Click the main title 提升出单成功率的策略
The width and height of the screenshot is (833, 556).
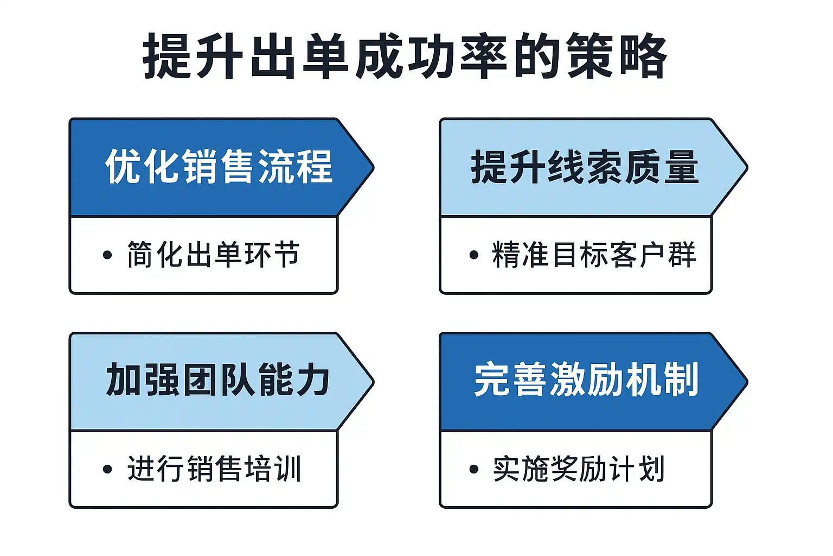point(405,56)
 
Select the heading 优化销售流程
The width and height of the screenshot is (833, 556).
point(219,167)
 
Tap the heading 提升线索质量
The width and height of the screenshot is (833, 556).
point(585,167)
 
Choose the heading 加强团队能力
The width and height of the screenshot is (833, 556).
point(218,380)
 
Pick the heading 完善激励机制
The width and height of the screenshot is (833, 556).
point(586,380)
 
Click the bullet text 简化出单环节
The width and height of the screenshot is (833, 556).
point(214,254)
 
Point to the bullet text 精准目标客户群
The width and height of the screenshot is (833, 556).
point(594,254)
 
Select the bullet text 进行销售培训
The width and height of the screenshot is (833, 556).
point(214,469)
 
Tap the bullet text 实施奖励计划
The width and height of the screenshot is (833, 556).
point(579,469)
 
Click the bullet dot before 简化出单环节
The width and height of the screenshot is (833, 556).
point(107,255)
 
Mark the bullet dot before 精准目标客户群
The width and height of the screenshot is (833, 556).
point(474,255)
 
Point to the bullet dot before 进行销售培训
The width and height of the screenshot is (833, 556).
point(107,469)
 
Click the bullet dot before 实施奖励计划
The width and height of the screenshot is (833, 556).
point(474,469)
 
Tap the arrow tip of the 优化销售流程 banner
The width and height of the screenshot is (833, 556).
point(373,167)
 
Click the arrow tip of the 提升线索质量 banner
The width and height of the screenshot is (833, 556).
point(747,167)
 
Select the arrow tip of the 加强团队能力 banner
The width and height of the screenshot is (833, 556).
point(373,381)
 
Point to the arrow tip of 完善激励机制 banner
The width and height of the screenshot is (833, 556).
point(747,381)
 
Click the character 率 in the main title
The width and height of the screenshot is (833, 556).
point(484,56)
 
